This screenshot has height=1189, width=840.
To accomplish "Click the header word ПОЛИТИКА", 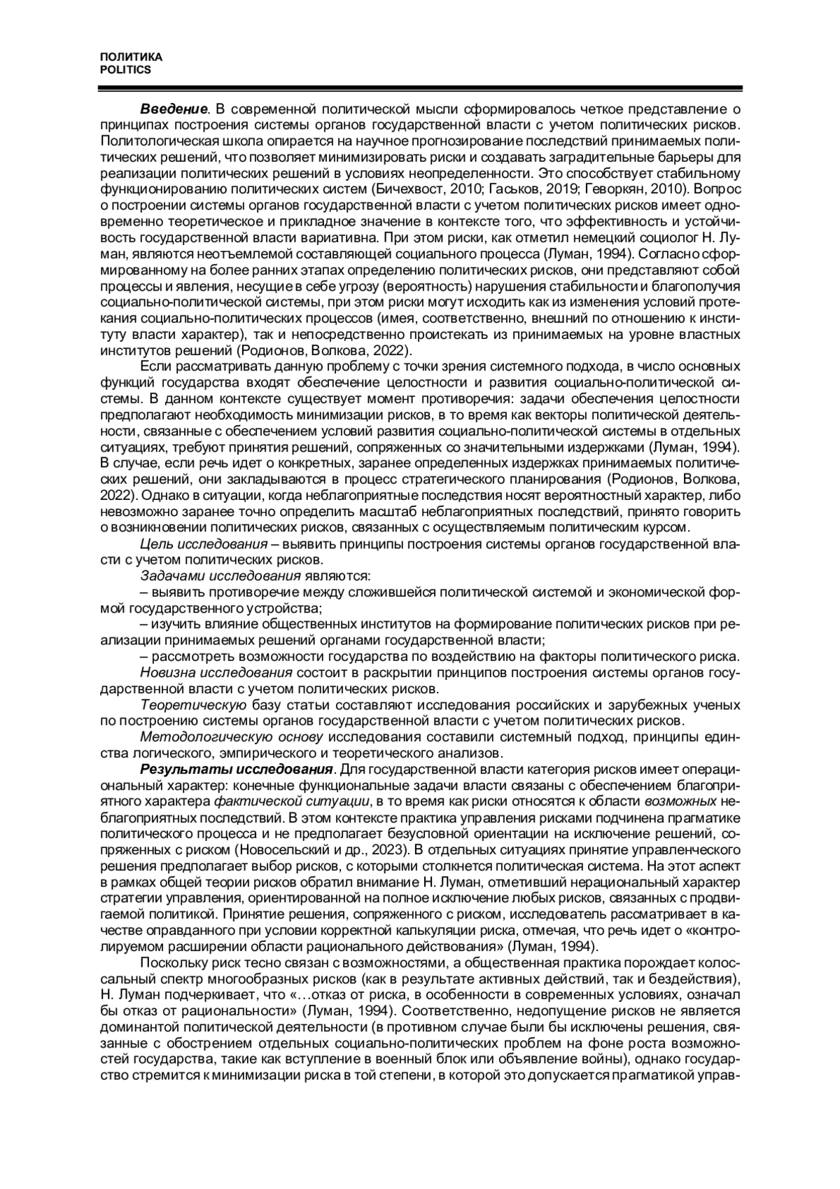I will click(x=132, y=57).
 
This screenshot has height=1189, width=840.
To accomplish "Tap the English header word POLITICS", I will click(x=126, y=70).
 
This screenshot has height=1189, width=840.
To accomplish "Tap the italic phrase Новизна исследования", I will click(x=216, y=673).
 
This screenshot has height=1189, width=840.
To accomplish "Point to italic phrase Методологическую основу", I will click(x=232, y=737).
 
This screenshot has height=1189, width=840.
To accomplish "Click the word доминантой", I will click(x=141, y=1027).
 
